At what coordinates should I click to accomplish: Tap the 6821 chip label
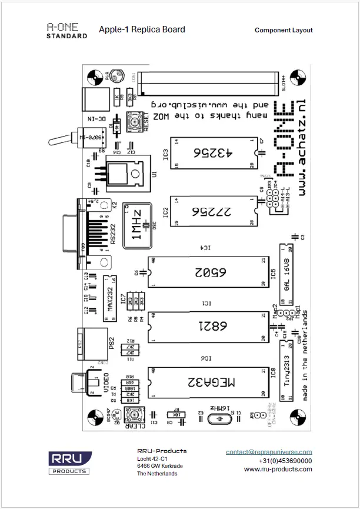click(211, 326)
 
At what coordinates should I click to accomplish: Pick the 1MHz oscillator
click(136, 225)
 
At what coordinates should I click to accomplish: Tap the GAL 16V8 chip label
click(286, 273)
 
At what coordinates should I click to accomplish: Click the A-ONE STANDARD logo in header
click(67, 31)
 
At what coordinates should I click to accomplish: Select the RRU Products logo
click(69, 463)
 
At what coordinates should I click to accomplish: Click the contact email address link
click(269, 452)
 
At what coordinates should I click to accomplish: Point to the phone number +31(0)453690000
click(277, 461)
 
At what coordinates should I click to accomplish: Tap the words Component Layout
click(284, 30)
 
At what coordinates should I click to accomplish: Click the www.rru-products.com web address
click(278, 469)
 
